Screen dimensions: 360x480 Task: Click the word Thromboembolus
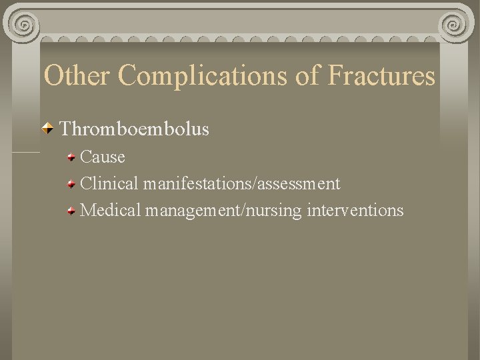[135, 128]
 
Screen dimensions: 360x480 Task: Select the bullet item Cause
[102, 157]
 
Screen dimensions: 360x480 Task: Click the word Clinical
[109, 183]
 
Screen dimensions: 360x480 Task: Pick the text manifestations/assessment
[241, 183]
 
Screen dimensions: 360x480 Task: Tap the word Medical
[111, 211]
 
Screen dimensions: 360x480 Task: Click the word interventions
[355, 211]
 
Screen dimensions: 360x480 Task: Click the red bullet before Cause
[71, 158]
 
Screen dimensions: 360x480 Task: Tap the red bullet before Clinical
[71, 184]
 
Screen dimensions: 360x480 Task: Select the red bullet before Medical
[71, 211]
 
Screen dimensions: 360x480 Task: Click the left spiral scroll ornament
[24, 26]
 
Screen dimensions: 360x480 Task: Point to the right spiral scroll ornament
[457, 26]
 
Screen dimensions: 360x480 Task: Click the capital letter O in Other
[53, 76]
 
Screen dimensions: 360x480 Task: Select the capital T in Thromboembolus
[65, 128]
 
